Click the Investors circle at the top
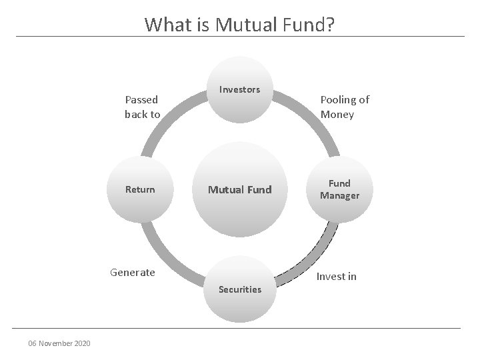[240, 91]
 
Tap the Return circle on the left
[140, 190]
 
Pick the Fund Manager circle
[339, 190]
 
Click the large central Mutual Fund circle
[240, 190]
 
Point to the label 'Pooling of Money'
[344, 107]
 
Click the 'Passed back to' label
[142, 107]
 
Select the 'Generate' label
[132, 272]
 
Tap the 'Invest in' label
[336, 276]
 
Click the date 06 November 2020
[59, 343]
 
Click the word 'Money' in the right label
[337, 114]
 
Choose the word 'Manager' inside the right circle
[339, 196]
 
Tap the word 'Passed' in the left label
[142, 100]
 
